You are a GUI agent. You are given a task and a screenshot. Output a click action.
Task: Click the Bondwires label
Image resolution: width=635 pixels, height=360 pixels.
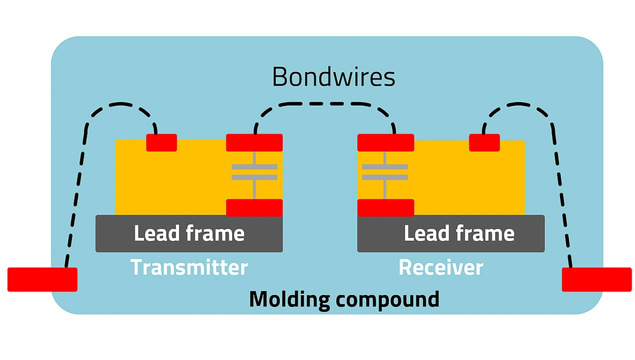(x=333, y=77)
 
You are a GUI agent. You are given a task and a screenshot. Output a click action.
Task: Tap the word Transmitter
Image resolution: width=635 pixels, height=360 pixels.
(x=189, y=267)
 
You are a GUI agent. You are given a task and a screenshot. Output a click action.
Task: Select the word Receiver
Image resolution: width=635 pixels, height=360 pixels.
(x=441, y=267)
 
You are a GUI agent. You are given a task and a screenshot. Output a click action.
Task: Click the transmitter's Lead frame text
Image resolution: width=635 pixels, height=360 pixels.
(x=189, y=234)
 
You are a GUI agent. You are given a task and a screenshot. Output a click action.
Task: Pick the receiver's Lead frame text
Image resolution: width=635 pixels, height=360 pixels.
(x=459, y=234)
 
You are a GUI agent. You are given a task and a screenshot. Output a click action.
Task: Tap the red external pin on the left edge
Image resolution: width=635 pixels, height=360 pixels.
(x=42, y=279)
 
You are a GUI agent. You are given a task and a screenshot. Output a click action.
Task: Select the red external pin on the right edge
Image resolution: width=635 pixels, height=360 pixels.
(x=596, y=279)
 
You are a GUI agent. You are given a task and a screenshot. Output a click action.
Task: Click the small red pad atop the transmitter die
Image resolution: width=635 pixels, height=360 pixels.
(x=161, y=142)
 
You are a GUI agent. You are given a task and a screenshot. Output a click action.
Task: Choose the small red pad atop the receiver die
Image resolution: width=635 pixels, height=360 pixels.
(x=484, y=142)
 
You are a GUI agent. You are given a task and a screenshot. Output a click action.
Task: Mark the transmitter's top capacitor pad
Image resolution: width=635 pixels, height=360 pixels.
(x=254, y=142)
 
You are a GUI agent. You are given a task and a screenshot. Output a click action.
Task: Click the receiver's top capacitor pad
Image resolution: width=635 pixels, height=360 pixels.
(x=385, y=142)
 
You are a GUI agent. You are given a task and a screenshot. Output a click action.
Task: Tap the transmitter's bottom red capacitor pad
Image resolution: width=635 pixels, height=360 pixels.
(x=254, y=207)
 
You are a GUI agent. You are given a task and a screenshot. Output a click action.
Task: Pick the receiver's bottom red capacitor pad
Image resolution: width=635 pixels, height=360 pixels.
(x=385, y=207)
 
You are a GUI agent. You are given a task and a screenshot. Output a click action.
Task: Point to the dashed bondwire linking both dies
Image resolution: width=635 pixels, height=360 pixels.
(x=325, y=104)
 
